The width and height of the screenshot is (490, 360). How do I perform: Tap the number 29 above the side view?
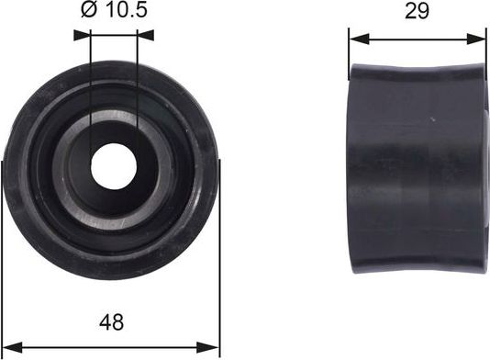(418, 12)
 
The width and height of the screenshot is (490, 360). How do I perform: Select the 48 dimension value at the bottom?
(112, 322)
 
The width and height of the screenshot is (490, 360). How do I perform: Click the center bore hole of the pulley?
(114, 162)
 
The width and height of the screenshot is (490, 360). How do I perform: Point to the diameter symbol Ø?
(89, 12)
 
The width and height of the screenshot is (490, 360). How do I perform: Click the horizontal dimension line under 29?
(418, 39)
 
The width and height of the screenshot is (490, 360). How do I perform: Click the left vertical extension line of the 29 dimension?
(349, 51)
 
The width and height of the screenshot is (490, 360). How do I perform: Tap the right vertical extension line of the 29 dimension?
(485, 51)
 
